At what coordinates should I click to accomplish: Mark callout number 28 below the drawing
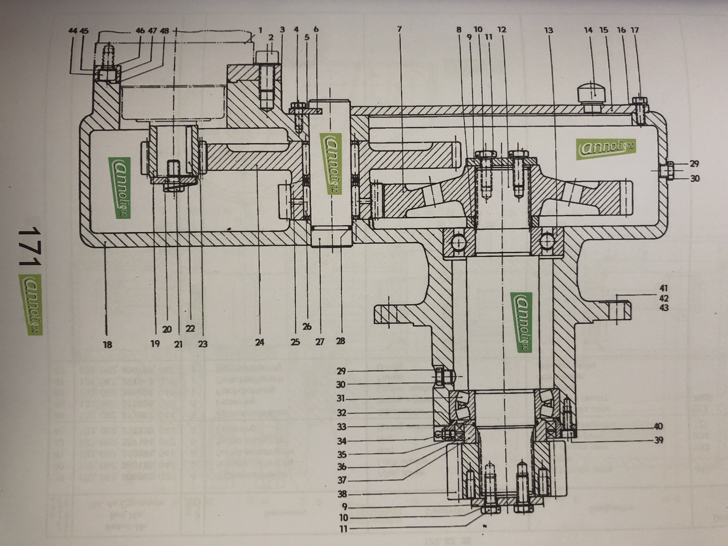[x=341, y=341]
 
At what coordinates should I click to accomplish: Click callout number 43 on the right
[x=664, y=308]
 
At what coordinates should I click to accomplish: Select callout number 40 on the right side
[x=658, y=426]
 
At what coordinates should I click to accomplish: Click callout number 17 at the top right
[x=634, y=30]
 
